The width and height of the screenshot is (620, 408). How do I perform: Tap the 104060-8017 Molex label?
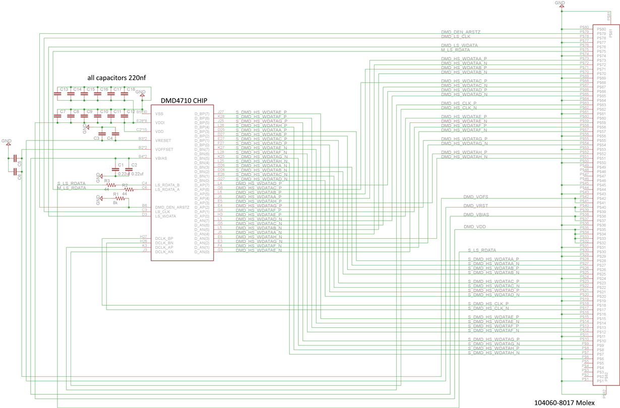click(574, 402)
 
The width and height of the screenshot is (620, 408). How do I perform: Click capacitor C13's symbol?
click(57, 93)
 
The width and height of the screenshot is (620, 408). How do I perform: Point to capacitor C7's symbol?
click(57, 115)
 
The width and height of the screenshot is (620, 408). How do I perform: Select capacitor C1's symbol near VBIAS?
click(115, 169)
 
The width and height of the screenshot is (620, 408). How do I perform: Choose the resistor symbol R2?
click(128, 189)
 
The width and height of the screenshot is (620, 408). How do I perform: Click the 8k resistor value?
click(115, 203)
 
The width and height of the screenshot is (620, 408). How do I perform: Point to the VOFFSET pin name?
click(164, 150)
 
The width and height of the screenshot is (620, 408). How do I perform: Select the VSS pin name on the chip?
click(159, 114)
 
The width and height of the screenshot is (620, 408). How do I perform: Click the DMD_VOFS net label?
click(475, 196)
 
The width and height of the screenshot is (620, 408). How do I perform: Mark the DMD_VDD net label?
click(475, 227)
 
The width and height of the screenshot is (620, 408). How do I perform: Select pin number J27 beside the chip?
click(221, 112)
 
